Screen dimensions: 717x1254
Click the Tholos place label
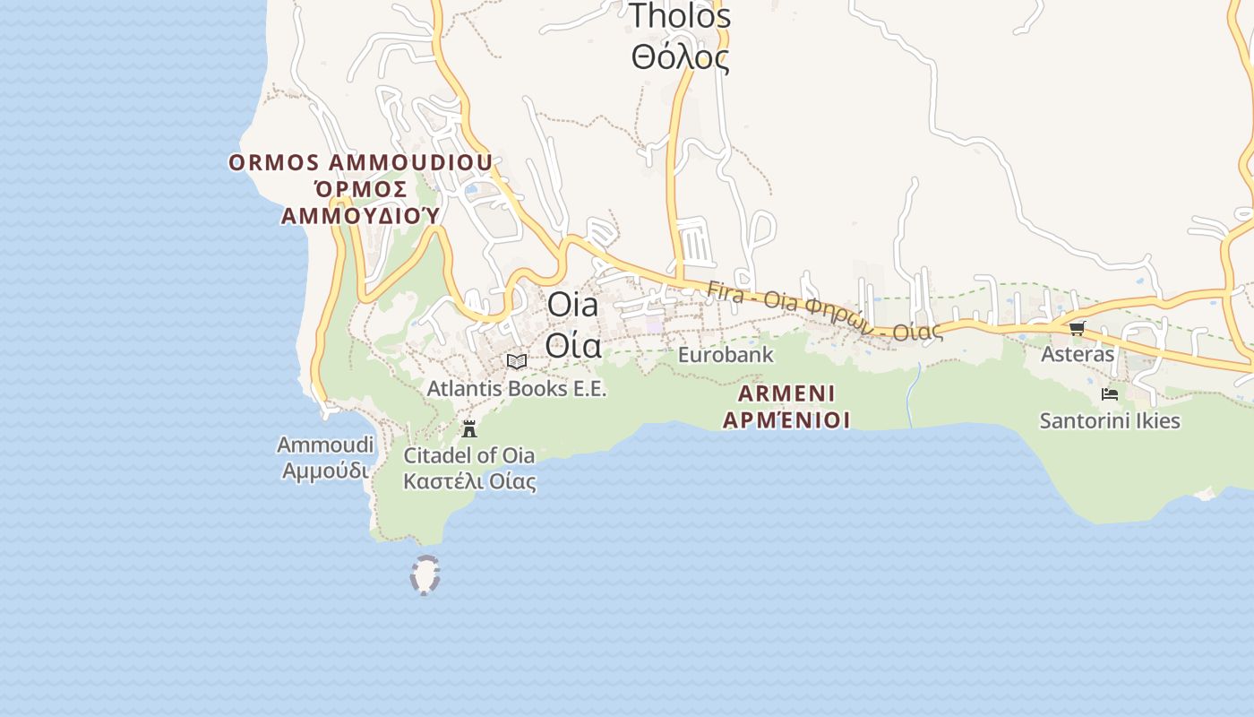(x=679, y=16)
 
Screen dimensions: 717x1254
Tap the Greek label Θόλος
(x=679, y=58)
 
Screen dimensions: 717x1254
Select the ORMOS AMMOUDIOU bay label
(x=360, y=163)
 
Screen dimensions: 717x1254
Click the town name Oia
(x=572, y=305)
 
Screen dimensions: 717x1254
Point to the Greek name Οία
(x=572, y=345)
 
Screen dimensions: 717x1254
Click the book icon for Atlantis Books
(x=516, y=361)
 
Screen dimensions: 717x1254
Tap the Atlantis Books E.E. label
(x=517, y=389)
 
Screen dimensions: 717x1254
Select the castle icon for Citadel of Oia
(x=469, y=429)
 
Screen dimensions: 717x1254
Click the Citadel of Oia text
(x=469, y=455)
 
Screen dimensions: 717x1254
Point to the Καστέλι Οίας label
(x=469, y=481)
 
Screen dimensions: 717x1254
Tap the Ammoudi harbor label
(x=325, y=445)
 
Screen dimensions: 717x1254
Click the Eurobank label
(x=726, y=355)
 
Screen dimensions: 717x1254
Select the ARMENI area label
(x=786, y=393)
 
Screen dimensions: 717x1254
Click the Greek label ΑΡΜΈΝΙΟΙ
(x=786, y=419)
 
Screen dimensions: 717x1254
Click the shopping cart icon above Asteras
(x=1078, y=328)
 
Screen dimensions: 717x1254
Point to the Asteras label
(x=1078, y=354)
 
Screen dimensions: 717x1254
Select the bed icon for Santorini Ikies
(x=1110, y=394)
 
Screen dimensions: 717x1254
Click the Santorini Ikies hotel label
(x=1110, y=420)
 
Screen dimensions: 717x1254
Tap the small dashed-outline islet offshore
(x=425, y=575)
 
